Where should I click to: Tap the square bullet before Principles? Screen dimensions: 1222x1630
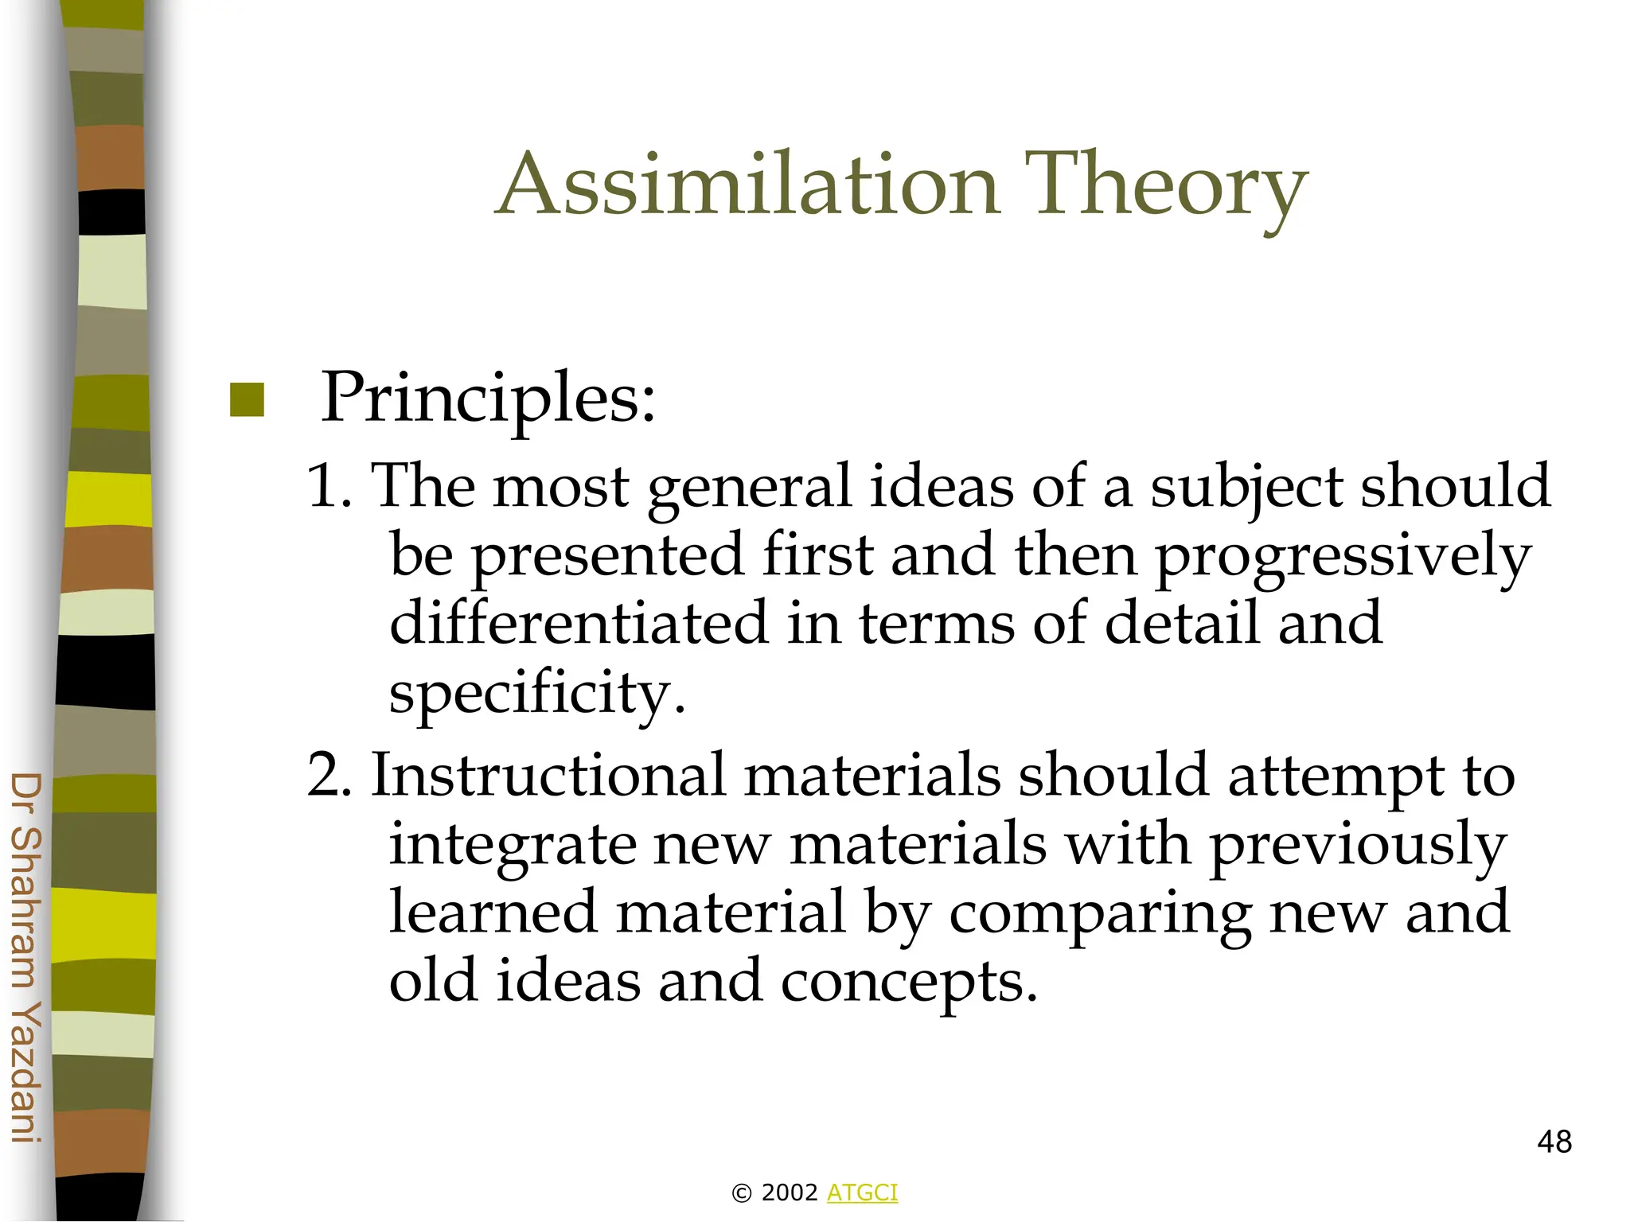(247, 400)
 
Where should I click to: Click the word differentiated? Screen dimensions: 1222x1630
(579, 623)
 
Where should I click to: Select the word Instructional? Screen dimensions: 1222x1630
(548, 775)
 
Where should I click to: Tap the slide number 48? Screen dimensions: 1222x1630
(1554, 1142)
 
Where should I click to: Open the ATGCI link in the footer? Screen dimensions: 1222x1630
(862, 1193)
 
